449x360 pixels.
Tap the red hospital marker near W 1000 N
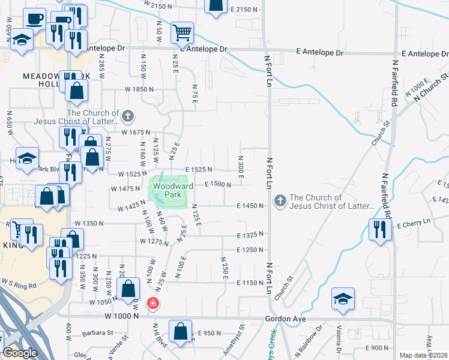coord(154,303)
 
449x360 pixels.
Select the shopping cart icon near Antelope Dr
coord(181,32)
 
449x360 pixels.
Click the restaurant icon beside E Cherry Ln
coord(380,229)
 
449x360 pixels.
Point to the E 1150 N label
coord(251,283)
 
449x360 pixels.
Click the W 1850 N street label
coord(139,89)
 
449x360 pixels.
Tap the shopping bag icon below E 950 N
coord(180,331)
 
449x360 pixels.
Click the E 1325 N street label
coord(251,235)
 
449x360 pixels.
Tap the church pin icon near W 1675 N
coord(127,115)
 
